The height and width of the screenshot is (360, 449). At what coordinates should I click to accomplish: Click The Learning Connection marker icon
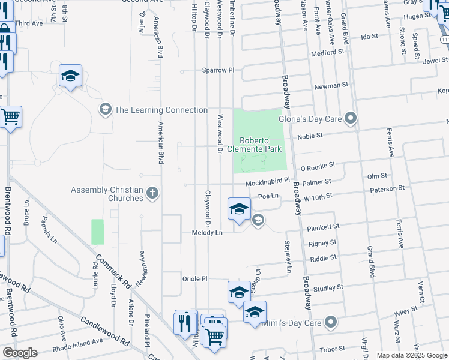tap(105, 110)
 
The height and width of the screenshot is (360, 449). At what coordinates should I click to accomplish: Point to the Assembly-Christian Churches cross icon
tap(152, 193)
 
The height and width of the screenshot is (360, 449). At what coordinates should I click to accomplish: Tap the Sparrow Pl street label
tap(217, 70)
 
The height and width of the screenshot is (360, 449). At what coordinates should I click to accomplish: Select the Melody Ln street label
tap(207, 232)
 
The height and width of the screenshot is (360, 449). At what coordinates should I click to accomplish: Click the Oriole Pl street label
tap(195, 278)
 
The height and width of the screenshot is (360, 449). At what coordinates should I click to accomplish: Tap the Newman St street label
tap(332, 86)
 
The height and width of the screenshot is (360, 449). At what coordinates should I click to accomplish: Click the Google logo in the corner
tap(20, 353)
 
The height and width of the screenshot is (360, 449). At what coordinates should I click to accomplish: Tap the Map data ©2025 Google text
tap(412, 355)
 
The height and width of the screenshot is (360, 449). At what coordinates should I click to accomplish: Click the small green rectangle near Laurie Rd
tap(97, 232)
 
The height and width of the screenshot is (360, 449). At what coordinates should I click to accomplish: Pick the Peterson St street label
tap(387, 189)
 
